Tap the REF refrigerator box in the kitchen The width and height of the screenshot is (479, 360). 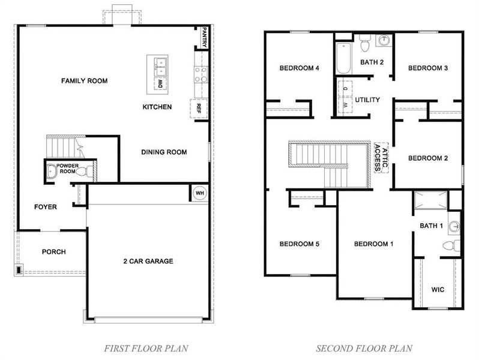click(x=199, y=108)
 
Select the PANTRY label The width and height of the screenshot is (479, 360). click(x=205, y=37)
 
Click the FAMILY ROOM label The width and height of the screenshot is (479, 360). click(x=85, y=80)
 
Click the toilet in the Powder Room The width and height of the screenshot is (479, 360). click(x=91, y=171)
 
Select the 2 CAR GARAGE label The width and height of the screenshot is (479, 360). click(x=148, y=261)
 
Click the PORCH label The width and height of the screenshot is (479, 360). click(x=53, y=252)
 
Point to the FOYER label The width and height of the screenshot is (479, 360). click(x=45, y=207)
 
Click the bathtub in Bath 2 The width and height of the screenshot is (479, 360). click(x=343, y=60)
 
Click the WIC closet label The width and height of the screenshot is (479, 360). click(x=439, y=289)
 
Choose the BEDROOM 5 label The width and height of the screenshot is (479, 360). click(x=299, y=244)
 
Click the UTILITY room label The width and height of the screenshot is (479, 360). click(x=367, y=100)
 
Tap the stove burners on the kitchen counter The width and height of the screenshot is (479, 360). click(x=200, y=74)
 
